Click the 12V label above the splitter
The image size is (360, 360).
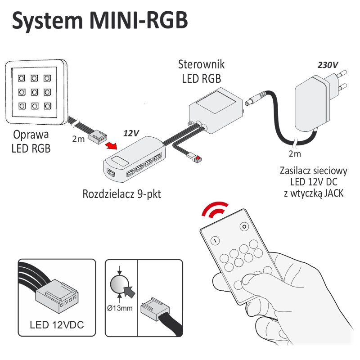coord(131,134)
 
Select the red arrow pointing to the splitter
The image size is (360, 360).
coord(113,146)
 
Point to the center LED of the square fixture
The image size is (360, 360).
coord(34,92)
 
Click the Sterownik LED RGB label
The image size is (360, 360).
coord(201,71)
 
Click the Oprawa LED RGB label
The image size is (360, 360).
coord(31,142)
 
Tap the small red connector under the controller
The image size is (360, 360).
coord(197,158)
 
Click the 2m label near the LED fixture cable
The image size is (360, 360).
coord(78,139)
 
